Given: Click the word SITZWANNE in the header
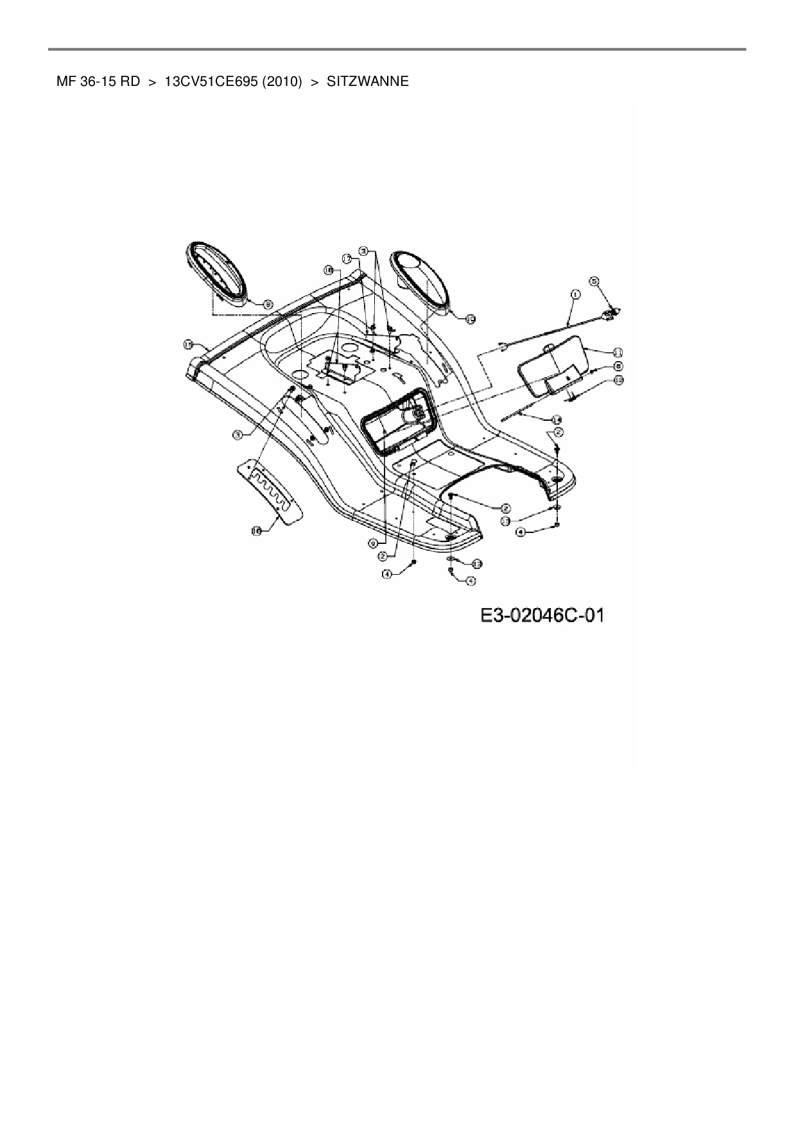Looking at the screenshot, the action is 367,81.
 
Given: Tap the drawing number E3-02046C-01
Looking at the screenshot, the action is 542,616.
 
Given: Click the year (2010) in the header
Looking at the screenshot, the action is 282,81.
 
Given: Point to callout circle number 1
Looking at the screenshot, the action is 575,294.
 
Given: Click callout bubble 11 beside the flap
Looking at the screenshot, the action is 617,352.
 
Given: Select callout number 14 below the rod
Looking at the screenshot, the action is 557,419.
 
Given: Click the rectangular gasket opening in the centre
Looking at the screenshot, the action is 398,423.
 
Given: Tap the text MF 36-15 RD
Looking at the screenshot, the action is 98,81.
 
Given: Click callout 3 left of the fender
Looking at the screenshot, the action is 238,435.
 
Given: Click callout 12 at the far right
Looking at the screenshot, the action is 618,380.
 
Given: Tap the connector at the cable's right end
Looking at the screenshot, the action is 612,312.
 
